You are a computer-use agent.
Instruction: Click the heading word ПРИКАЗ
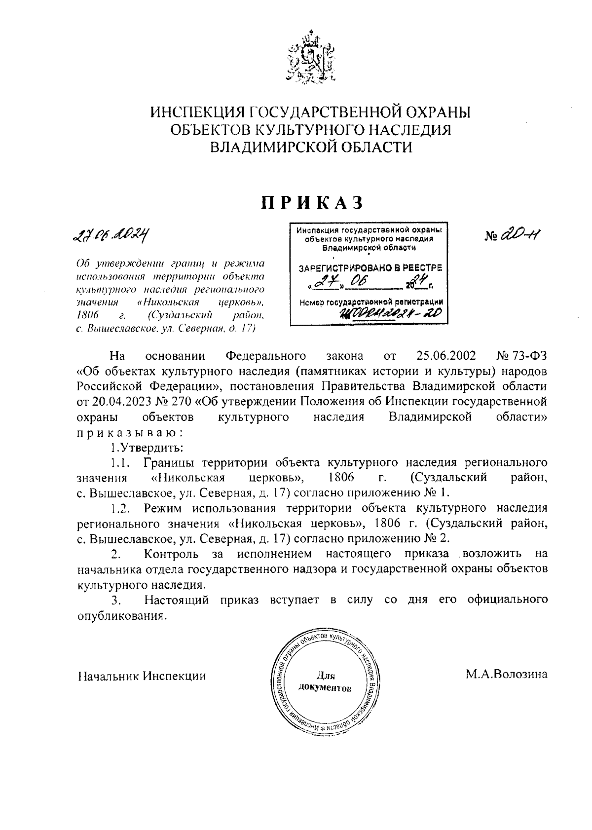pyautogui.click(x=312, y=202)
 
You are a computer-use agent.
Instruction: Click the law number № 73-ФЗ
pyautogui.click(x=521, y=356)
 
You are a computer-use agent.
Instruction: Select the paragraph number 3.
pyautogui.click(x=116, y=600)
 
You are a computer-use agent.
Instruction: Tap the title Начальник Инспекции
pyautogui.click(x=142, y=676)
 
